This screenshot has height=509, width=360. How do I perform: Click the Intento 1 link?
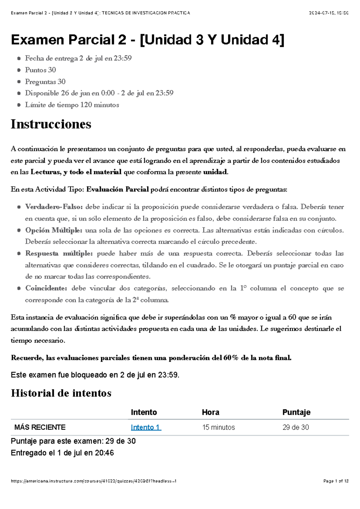click(x=146, y=427)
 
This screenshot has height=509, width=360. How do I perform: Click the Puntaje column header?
click(x=296, y=412)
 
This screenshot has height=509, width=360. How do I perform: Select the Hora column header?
click(x=210, y=412)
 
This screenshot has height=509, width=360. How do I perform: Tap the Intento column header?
click(x=144, y=412)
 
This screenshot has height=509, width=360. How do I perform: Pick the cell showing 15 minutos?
click(x=218, y=427)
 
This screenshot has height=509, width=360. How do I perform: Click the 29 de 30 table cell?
click(x=295, y=427)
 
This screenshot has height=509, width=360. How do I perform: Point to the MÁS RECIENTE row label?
click(x=40, y=427)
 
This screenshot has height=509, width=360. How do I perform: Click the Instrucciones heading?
click(x=51, y=124)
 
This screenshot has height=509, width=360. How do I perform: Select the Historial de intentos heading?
click(x=61, y=393)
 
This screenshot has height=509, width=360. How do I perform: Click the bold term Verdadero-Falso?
click(x=54, y=207)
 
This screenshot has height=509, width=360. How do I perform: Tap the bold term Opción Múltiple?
click(x=54, y=230)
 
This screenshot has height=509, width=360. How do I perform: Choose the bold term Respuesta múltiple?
click(x=59, y=253)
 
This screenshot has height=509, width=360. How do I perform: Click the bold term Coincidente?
click(x=46, y=288)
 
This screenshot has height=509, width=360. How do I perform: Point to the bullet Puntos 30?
click(x=40, y=70)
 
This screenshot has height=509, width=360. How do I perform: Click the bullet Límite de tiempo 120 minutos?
click(x=72, y=105)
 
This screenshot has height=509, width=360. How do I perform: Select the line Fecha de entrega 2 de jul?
click(x=78, y=58)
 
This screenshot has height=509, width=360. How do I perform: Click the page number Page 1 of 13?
click(x=336, y=481)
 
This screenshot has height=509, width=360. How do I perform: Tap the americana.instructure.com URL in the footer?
click(x=93, y=481)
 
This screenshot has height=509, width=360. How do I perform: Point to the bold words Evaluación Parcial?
click(x=118, y=189)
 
